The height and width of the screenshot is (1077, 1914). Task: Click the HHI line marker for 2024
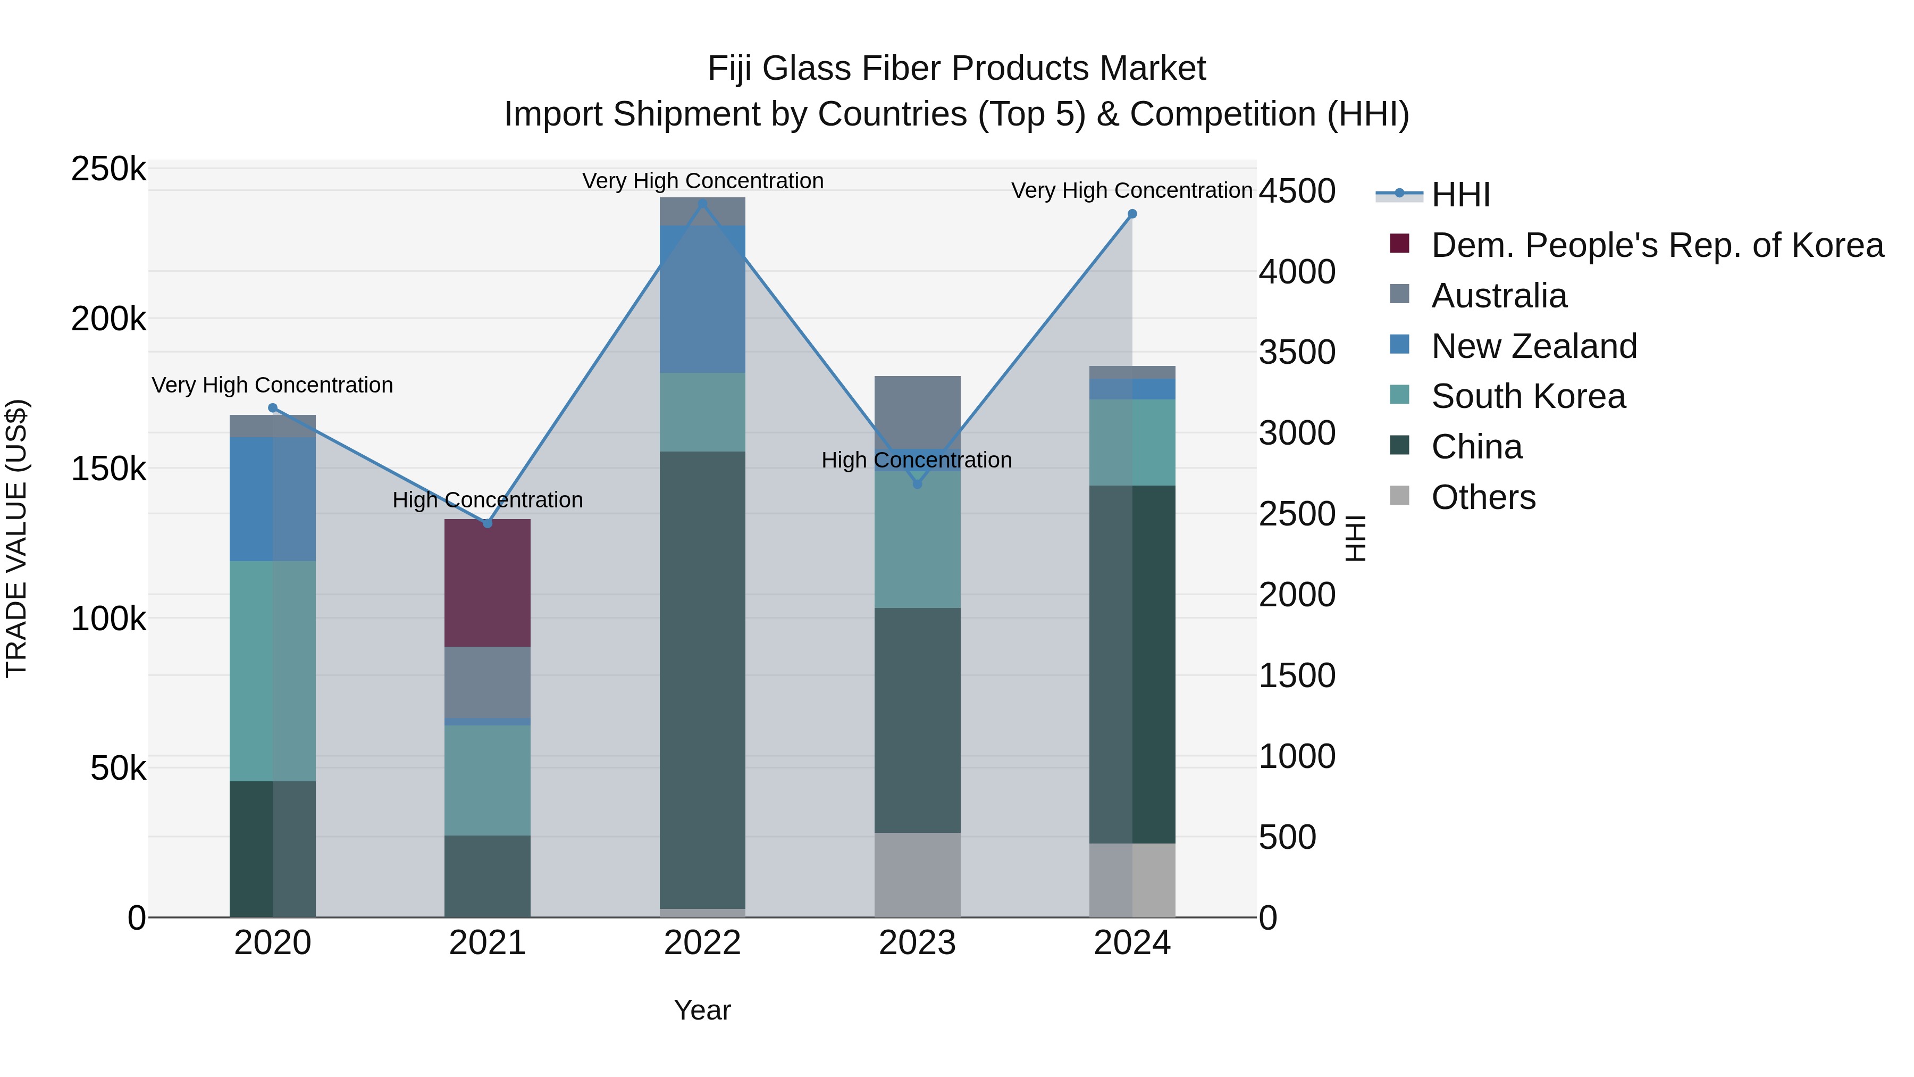click(1131, 214)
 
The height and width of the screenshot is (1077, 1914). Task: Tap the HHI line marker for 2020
click(273, 408)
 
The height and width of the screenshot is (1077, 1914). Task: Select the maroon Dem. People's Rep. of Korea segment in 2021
click(488, 583)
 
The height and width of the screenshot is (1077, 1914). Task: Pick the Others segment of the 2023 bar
click(917, 875)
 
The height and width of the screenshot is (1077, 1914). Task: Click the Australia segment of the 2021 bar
click(488, 682)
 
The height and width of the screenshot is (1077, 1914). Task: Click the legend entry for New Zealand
click(1533, 346)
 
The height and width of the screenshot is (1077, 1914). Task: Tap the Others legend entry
click(1482, 497)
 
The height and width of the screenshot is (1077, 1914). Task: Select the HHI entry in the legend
click(1460, 195)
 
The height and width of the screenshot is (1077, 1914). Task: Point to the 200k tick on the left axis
click(108, 320)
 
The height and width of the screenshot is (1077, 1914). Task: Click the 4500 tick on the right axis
click(1297, 191)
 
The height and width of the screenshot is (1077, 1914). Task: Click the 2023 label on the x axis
click(917, 943)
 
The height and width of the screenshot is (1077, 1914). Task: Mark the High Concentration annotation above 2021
click(488, 500)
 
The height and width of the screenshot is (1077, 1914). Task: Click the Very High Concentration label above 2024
click(1131, 191)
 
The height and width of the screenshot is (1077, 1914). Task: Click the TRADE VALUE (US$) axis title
click(16, 538)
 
